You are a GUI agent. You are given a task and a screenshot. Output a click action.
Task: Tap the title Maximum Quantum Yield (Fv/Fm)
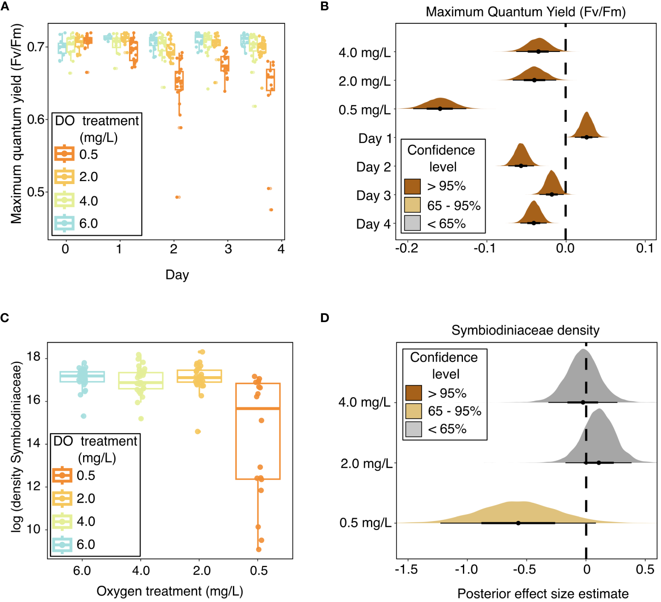pyautogui.click(x=526, y=12)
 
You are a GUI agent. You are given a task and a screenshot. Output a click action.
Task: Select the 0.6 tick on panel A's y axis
pyautogui.click(x=37, y=119)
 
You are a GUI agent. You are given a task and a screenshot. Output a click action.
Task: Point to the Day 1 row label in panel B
pyautogui.click(x=374, y=138)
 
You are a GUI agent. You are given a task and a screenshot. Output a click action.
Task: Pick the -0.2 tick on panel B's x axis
pyautogui.click(x=406, y=248)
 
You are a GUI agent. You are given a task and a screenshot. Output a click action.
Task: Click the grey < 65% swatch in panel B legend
pyautogui.click(x=412, y=223)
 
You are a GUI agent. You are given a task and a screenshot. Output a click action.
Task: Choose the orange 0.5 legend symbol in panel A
pyautogui.click(x=64, y=154)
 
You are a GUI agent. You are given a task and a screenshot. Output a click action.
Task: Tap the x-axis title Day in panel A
pyautogui.click(x=177, y=275)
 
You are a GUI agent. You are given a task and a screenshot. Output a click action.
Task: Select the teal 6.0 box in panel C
pyautogui.click(x=82, y=377)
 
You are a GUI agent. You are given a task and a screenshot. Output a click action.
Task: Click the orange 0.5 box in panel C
pyautogui.click(x=258, y=431)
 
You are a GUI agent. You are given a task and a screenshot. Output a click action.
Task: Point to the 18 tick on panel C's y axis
pyautogui.click(x=34, y=357)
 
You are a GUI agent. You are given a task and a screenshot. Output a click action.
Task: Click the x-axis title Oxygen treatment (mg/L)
pyautogui.click(x=170, y=591)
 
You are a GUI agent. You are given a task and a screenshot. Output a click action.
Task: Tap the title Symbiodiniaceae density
pyautogui.click(x=525, y=330)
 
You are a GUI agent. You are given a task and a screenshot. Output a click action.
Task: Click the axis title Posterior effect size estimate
pyautogui.click(x=543, y=593)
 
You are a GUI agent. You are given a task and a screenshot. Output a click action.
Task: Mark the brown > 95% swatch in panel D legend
pyautogui.click(x=414, y=393)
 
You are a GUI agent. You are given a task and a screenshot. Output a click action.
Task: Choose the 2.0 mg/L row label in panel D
pyautogui.click(x=366, y=463)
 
